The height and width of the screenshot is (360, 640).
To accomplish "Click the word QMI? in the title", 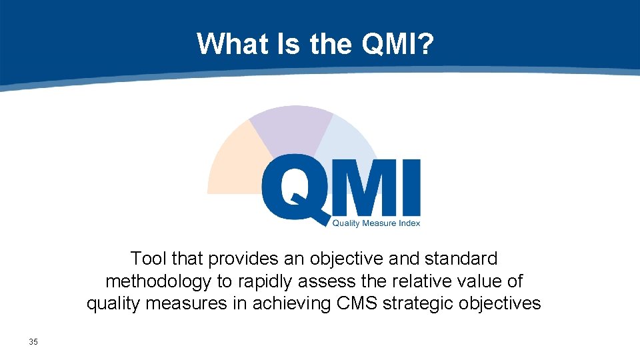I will point(398,44).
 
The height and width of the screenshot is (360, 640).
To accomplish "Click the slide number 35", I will point(33,342).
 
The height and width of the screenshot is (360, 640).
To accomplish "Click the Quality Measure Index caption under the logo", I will point(376,223).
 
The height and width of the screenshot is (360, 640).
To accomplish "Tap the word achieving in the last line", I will point(293,303).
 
